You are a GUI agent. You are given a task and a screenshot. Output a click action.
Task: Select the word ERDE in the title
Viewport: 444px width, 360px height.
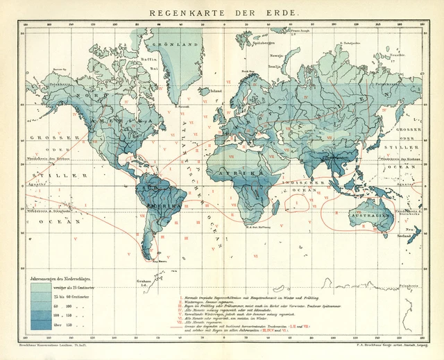[x=283, y=13]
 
